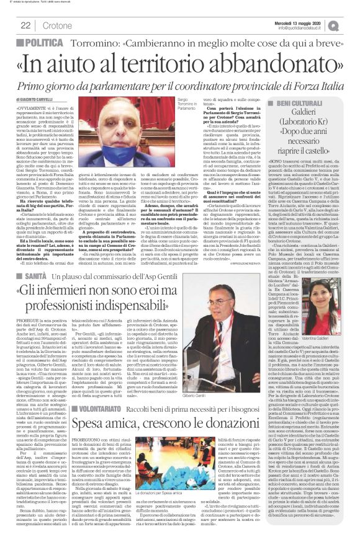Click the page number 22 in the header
point(26,25)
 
